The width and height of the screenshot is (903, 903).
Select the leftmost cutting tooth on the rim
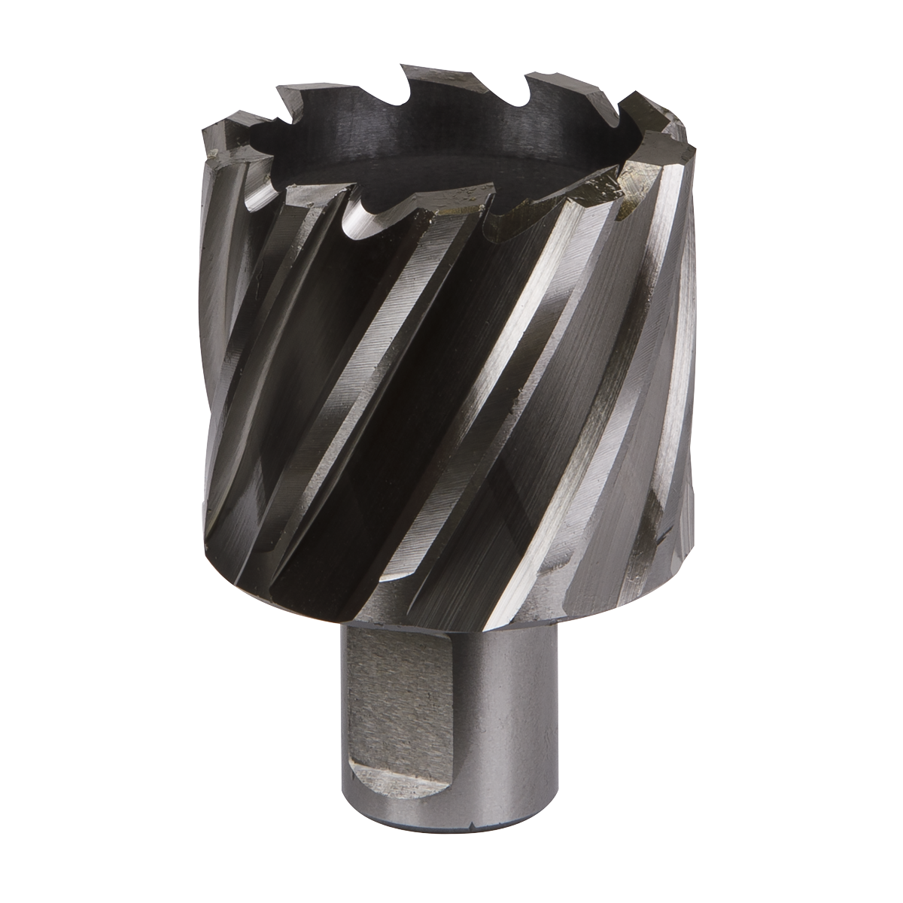tap(214, 135)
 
